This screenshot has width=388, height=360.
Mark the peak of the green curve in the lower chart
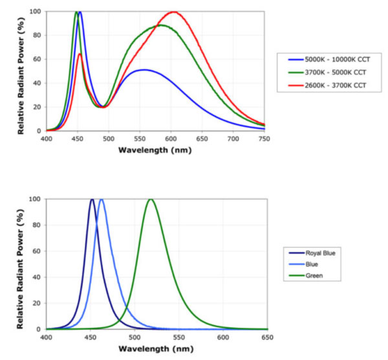pos(151,199)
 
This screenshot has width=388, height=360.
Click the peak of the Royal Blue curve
pos(92,199)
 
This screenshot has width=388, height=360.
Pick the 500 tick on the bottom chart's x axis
pos(135,337)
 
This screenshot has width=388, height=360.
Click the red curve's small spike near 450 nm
pos(80,54)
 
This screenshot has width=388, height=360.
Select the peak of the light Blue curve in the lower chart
pos(101,199)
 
